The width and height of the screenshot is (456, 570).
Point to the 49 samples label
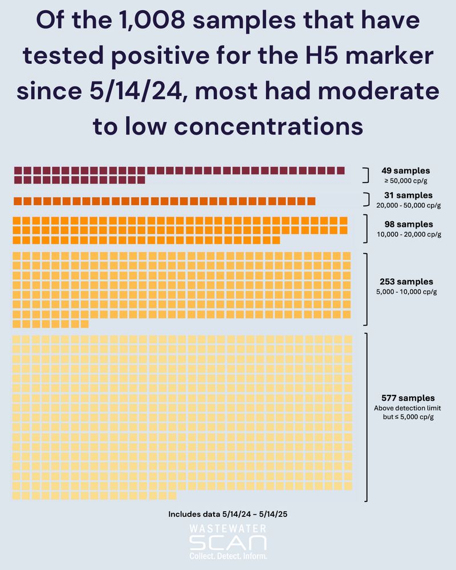(406, 170)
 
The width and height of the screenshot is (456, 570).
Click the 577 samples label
(408, 398)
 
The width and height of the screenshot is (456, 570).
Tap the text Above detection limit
(408, 408)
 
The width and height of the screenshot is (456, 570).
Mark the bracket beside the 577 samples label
(365, 417)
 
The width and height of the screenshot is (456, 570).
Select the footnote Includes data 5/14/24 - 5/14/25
(227, 514)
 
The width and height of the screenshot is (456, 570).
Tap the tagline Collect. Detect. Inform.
(227, 555)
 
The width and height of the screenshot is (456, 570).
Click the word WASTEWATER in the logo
(227, 530)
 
